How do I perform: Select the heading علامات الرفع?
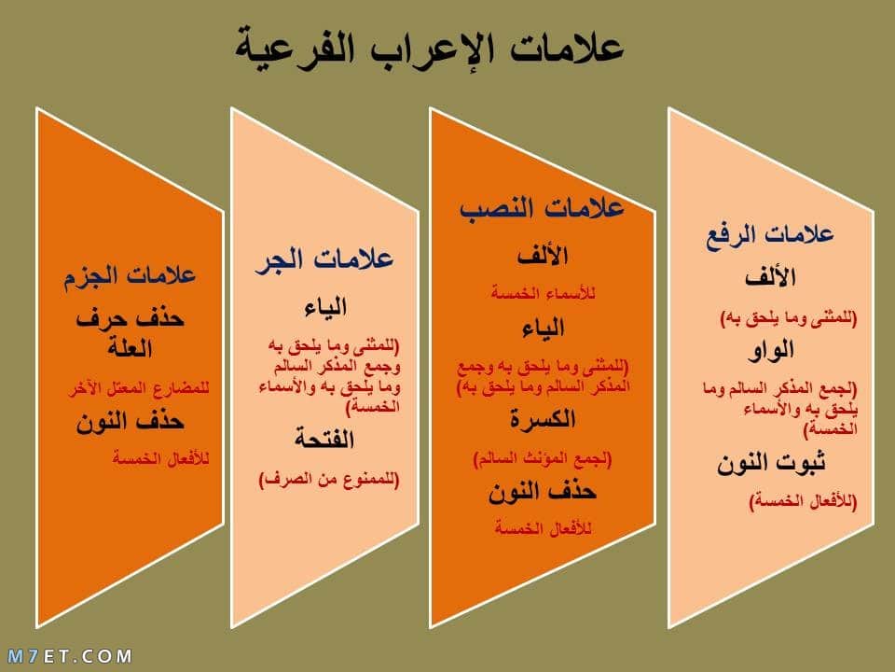tap(770, 235)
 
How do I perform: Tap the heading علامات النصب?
tap(542, 207)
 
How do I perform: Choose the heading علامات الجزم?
tap(130, 276)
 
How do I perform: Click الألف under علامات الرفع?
tap(770, 278)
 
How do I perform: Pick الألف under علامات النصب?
tap(543, 256)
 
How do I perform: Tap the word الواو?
tap(771, 350)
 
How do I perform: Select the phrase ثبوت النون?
tap(771, 463)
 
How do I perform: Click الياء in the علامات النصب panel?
tap(543, 329)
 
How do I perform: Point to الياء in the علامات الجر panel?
tap(325, 307)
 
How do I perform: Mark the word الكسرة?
tap(543, 419)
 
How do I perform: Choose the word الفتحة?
tap(324, 440)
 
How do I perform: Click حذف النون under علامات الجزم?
tap(131, 422)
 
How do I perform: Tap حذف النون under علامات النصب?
tap(543, 492)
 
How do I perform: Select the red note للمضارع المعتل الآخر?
tap(139, 389)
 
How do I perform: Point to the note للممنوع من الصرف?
tap(329, 479)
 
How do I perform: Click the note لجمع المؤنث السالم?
tap(543, 459)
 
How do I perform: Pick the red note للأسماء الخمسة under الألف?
tap(543, 294)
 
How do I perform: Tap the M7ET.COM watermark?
tap(70, 656)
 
